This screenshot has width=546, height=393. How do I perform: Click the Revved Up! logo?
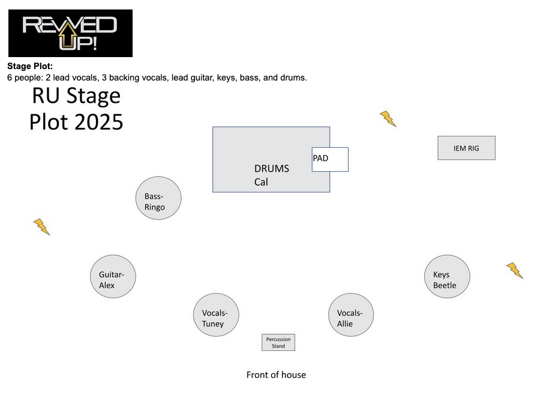pos(70,33)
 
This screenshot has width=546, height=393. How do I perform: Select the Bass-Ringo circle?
pos(158,198)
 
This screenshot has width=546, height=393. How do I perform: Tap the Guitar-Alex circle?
pos(113,276)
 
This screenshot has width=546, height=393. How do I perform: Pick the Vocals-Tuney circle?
pos(216,314)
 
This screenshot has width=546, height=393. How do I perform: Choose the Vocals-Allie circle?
pos(351,314)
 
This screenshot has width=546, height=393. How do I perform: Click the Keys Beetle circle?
pos(447,276)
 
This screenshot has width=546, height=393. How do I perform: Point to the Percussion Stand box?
pos(278,343)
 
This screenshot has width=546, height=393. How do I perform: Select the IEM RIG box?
pos(466,148)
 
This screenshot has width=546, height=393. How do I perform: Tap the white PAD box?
pos(330,159)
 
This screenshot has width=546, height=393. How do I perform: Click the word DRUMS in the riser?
pos(271,169)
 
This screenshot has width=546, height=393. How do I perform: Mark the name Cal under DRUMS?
pos(261,182)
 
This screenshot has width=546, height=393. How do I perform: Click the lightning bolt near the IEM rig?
pos(388,118)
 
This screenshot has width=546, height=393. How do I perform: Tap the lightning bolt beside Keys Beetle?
pos(514,270)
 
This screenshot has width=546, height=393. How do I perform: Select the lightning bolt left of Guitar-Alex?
pos(41,227)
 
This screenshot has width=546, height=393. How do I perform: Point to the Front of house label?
pos(276,375)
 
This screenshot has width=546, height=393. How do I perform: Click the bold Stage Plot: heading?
pos(30,66)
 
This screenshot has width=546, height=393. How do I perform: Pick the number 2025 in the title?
pos(99,122)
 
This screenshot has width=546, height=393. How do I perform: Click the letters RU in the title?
pos(46,96)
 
